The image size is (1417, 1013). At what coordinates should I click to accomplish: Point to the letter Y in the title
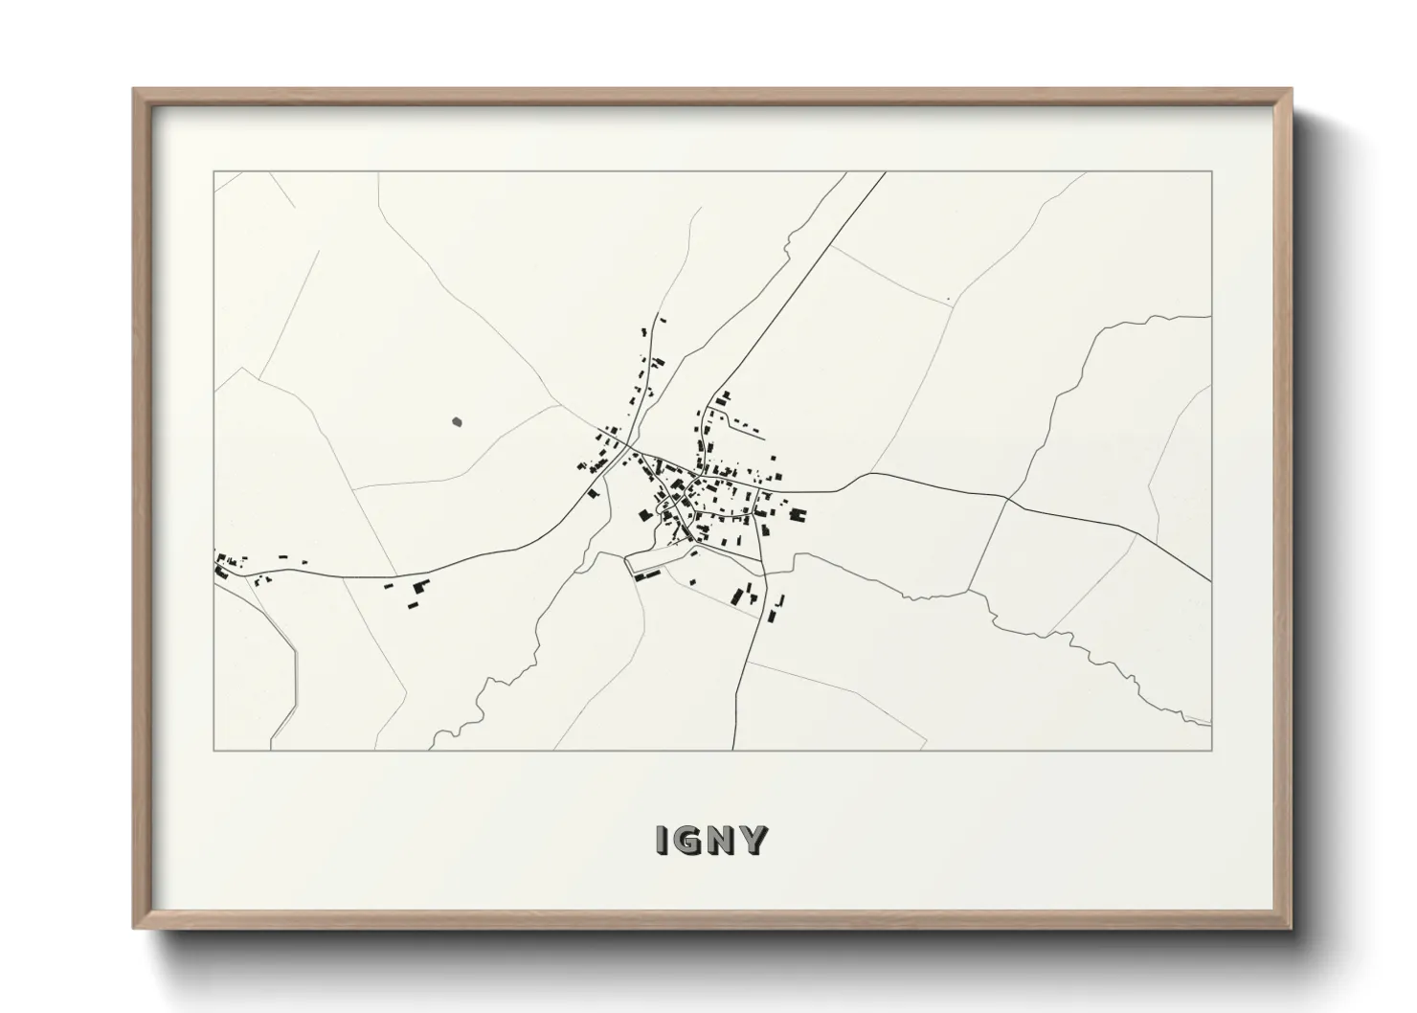click(x=754, y=840)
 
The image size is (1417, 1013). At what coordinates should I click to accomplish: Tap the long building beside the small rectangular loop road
click(x=648, y=574)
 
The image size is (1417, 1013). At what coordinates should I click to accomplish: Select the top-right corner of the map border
click(x=1211, y=172)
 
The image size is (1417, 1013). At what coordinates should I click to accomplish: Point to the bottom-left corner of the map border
click(x=214, y=750)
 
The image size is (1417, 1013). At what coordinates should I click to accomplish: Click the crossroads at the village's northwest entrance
click(x=628, y=445)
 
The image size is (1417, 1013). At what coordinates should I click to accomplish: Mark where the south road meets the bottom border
click(x=733, y=750)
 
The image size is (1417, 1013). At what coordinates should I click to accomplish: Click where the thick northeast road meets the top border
click(x=884, y=172)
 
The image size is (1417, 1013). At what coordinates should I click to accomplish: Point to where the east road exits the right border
click(x=1211, y=579)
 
